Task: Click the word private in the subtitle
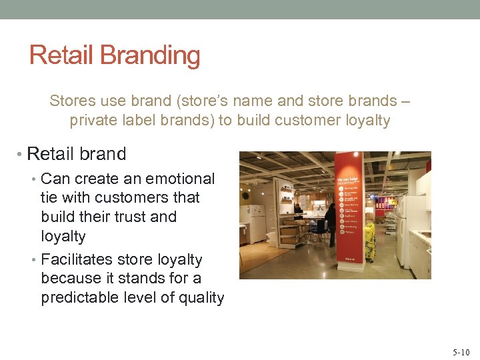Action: (x=92, y=121)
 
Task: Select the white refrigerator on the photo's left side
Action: (x=256, y=223)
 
